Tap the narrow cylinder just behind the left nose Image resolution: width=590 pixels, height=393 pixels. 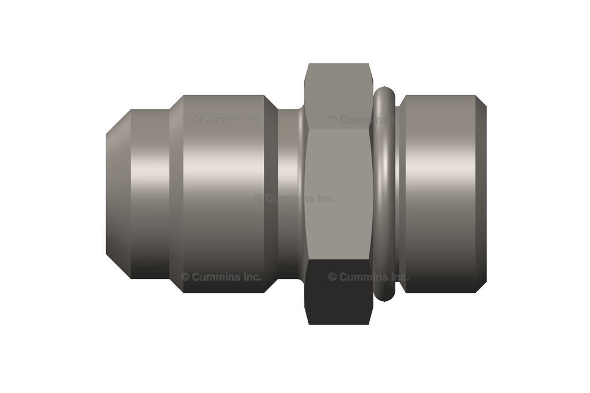[150, 194]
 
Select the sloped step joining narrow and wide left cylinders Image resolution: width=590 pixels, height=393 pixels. [176, 194]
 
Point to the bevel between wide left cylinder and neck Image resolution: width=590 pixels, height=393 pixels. [271, 194]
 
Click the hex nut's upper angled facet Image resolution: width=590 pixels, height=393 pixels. [338, 95]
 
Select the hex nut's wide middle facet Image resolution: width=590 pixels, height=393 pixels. [338, 173]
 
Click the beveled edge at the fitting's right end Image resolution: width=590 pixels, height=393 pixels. [481, 194]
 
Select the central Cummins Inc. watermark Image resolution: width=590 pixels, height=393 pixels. [295, 198]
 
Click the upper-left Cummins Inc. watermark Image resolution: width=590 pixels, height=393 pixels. [221, 120]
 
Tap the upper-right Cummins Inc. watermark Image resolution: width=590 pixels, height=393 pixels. [369, 120]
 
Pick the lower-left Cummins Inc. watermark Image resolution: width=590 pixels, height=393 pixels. [221, 277]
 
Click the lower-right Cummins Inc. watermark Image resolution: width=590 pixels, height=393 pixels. [369, 277]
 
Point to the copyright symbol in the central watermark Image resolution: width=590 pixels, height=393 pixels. [259, 198]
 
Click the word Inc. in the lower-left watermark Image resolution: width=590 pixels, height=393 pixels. [251, 277]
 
